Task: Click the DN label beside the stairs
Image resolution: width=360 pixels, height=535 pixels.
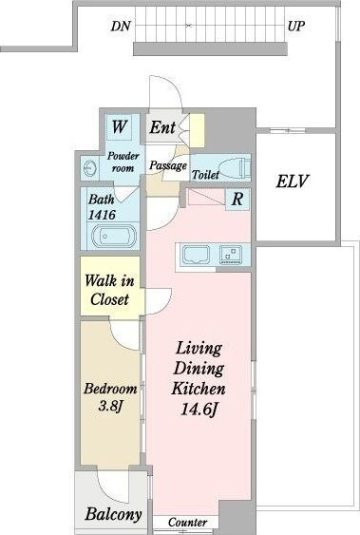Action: pos(121,27)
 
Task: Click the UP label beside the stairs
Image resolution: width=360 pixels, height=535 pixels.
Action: pos(296,27)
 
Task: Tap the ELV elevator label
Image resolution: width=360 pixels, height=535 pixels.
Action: pos(293,182)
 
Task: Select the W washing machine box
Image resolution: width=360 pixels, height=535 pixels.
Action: pos(119,126)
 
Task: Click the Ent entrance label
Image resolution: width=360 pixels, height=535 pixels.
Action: pos(162,127)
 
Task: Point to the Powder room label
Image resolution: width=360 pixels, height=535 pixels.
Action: pos(123,162)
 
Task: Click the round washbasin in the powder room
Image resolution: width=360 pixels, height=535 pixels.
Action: pos(89,168)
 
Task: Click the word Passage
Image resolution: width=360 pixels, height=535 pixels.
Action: pos(168,166)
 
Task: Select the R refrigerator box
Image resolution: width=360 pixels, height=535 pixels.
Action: pos(238,199)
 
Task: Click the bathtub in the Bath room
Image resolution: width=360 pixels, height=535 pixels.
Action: pos(114,236)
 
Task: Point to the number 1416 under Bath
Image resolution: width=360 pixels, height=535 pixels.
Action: pos(102,215)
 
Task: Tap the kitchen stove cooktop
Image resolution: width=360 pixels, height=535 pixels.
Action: pos(231,255)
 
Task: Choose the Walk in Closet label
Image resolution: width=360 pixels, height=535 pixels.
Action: pos(109,290)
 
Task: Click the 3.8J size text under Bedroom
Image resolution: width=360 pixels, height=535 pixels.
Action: pos(110,406)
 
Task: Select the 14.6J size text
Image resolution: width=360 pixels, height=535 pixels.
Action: pos(199,410)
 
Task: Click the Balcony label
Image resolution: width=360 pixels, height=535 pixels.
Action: pos(113,514)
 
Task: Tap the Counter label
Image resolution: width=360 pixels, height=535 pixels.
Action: pos(187,523)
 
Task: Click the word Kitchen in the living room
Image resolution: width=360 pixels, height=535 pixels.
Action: pos(199,389)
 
